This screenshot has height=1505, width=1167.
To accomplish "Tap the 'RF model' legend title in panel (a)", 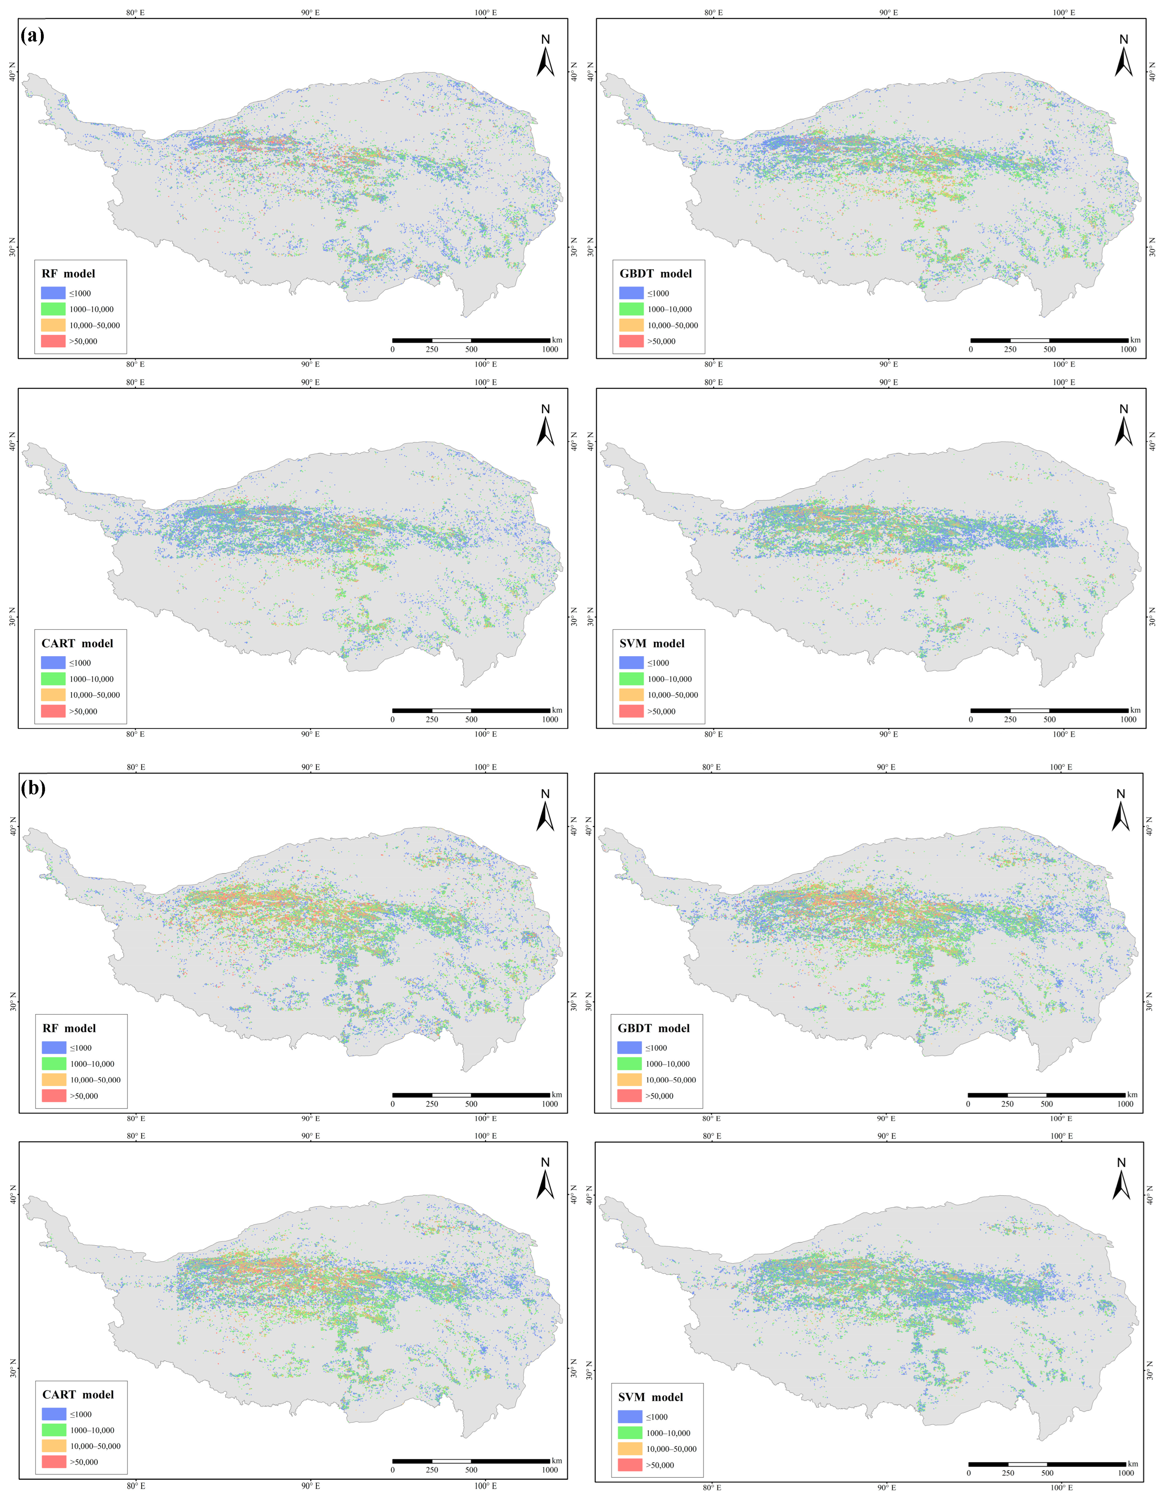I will tap(68, 274).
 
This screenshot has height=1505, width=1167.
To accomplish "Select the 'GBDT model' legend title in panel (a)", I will tap(655, 274).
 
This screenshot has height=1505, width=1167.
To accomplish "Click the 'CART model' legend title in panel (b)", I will tap(78, 1394).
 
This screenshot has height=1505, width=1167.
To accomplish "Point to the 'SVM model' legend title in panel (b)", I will tap(650, 1397).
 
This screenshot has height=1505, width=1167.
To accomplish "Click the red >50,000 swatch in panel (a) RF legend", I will tap(53, 341).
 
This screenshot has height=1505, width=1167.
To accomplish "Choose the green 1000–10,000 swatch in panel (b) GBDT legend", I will tap(629, 1064).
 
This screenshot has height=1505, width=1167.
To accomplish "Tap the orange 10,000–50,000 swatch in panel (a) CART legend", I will tap(53, 695).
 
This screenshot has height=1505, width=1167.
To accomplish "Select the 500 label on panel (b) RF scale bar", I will tap(471, 1104).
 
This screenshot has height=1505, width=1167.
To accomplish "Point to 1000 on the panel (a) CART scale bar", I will tap(550, 719).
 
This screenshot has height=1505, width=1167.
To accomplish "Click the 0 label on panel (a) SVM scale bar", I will tap(971, 719).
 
